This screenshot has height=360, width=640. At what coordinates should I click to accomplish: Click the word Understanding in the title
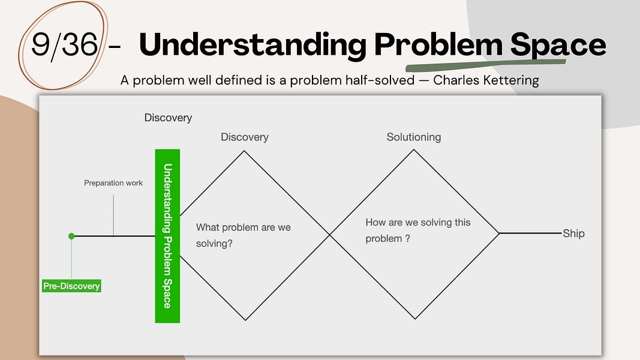pyautogui.click(x=253, y=46)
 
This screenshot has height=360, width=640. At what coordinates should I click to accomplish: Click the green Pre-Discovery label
pyautogui.click(x=71, y=286)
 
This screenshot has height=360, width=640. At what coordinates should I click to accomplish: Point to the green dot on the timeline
pyautogui.click(x=71, y=236)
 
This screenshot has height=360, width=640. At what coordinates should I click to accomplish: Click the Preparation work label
pyautogui.click(x=113, y=182)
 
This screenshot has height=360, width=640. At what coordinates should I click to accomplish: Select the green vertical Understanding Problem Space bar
pyautogui.click(x=167, y=236)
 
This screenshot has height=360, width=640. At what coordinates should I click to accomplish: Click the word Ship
pyautogui.click(x=573, y=233)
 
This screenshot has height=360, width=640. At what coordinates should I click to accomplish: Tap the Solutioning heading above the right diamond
pyautogui.click(x=413, y=137)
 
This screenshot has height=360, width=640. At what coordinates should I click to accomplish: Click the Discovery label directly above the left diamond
pyautogui.click(x=244, y=137)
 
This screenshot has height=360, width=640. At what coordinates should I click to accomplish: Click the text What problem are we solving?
pyautogui.click(x=243, y=235)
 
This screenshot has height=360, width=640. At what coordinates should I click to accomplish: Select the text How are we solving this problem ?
pyautogui.click(x=417, y=230)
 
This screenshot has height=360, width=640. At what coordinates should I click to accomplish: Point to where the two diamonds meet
pyautogui.click(x=329, y=235)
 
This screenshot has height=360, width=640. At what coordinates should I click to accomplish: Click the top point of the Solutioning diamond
pyautogui.click(x=413, y=149)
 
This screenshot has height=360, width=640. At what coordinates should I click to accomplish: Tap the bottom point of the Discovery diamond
pyautogui.click(x=245, y=320)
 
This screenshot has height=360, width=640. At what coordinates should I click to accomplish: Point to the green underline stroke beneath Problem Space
pyautogui.click(x=486, y=64)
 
